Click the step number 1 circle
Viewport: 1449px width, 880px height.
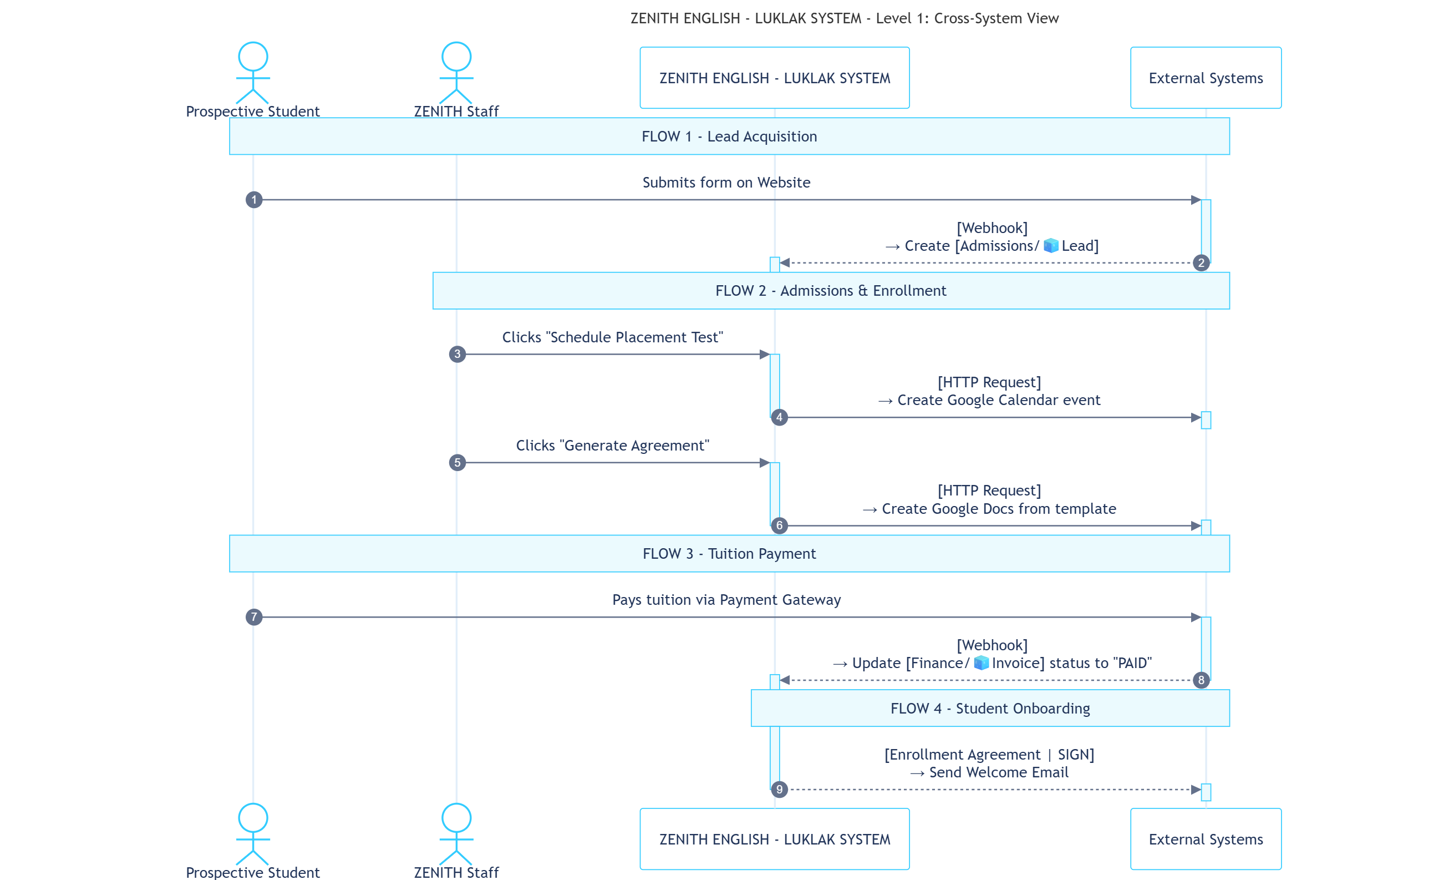click(253, 200)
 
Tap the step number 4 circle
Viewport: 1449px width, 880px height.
click(779, 418)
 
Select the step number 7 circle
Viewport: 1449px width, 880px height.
click(253, 617)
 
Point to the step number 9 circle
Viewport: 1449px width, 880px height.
click(779, 790)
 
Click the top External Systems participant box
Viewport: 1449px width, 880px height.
click(1206, 78)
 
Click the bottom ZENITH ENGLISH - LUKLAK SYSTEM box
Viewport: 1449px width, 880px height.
click(775, 839)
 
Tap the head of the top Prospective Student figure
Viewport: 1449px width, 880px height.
click(253, 57)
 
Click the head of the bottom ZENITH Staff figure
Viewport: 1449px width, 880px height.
click(456, 818)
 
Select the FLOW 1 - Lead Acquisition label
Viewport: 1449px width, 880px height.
click(729, 136)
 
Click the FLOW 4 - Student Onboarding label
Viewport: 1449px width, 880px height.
click(990, 708)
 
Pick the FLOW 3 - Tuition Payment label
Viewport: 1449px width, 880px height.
click(729, 554)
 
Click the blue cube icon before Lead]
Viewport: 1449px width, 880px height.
click(1051, 245)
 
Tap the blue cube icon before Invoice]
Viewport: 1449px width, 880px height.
click(981, 663)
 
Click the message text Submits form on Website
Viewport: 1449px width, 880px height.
click(726, 183)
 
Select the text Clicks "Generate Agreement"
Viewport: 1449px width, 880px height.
click(612, 446)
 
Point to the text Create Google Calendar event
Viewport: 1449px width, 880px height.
click(999, 400)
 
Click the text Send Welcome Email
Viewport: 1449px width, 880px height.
click(999, 772)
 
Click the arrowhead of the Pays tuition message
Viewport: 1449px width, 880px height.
click(1196, 617)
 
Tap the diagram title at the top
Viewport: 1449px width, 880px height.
click(845, 18)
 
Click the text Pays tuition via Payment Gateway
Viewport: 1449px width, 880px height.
click(726, 599)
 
